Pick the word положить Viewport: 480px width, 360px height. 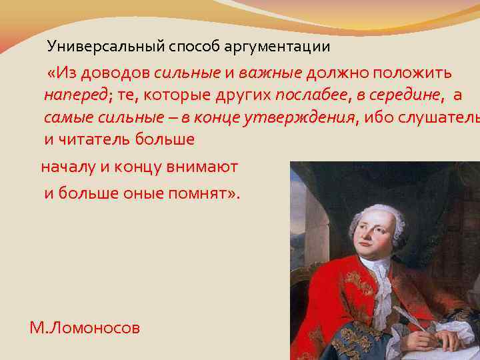click(x=413, y=73)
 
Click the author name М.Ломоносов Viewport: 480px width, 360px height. click(x=85, y=327)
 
